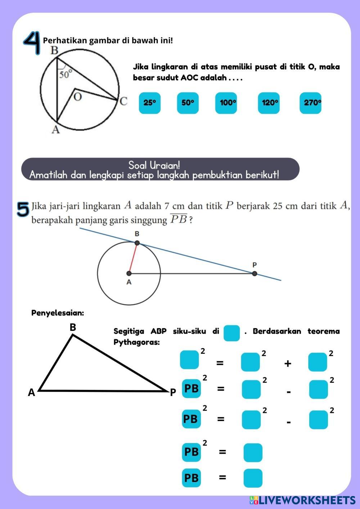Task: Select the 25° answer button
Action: [x=150, y=103]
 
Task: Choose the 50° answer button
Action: [x=188, y=103]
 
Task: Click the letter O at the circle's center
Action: [x=77, y=97]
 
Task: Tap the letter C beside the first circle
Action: [x=123, y=101]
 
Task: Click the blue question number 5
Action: [x=23, y=210]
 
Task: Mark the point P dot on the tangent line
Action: [x=255, y=274]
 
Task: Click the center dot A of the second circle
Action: [x=129, y=274]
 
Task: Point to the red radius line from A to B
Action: [x=133, y=258]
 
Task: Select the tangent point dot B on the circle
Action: [x=137, y=243]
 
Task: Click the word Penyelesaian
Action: [x=58, y=313]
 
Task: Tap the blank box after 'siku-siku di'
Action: [x=231, y=333]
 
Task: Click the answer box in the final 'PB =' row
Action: [x=253, y=478]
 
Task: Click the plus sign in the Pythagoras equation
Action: [x=288, y=364]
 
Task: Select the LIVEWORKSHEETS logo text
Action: [x=302, y=500]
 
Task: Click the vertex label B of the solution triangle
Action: [x=73, y=327]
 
